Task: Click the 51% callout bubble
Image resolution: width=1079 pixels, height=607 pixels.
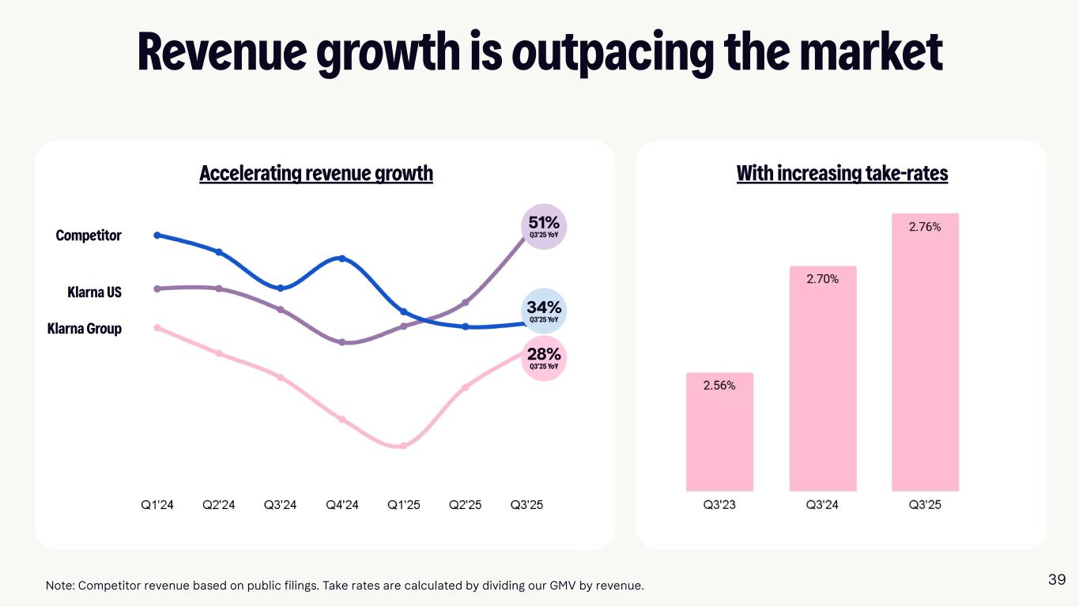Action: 544,227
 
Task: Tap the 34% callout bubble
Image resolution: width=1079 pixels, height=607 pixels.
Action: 544,311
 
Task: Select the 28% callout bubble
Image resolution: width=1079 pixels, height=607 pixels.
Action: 544,358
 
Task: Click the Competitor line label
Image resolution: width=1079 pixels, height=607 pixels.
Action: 89,236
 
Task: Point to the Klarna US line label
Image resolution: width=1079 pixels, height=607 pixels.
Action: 94,292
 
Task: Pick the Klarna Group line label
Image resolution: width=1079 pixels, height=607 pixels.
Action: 85,328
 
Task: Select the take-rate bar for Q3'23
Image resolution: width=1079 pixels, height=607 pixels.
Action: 719,432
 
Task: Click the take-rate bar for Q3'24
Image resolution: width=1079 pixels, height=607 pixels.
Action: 822,379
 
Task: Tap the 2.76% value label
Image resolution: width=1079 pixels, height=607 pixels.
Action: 925,227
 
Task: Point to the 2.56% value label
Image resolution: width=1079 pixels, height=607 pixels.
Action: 719,386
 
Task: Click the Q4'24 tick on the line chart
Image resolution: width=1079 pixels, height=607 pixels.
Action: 342,505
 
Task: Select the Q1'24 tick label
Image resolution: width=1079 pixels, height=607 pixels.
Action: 157,505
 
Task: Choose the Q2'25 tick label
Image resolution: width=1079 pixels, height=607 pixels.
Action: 466,505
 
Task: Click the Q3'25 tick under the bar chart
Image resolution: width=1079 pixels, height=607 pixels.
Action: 925,505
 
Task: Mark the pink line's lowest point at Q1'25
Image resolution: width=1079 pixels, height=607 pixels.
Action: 403,446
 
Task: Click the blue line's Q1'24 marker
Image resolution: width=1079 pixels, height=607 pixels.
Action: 157,235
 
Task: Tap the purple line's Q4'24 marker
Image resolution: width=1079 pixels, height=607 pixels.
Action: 342,342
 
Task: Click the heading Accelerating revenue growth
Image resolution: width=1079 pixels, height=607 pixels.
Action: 316,173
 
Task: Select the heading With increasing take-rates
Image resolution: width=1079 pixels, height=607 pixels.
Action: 842,173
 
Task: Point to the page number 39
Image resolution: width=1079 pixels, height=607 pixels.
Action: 1057,580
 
